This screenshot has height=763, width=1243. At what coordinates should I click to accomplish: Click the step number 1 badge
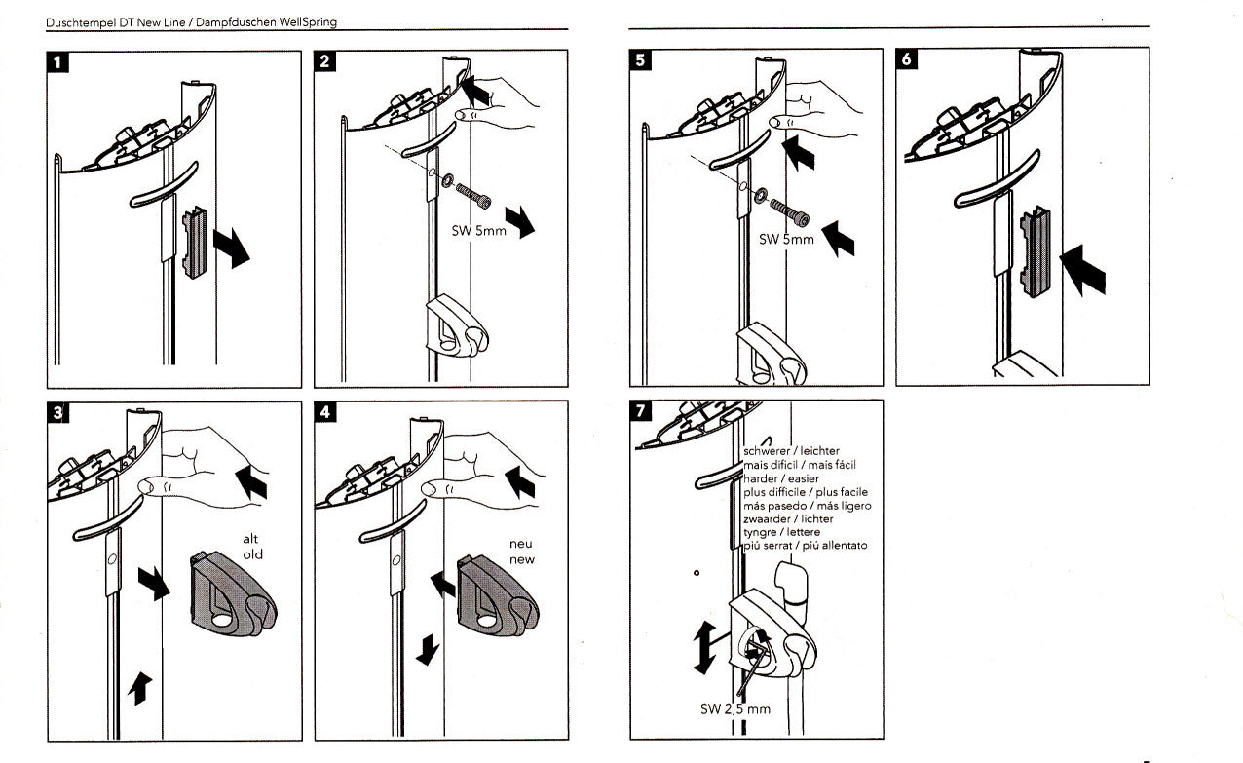pyautogui.click(x=60, y=64)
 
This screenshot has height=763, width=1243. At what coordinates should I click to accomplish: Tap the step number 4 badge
pyautogui.click(x=326, y=412)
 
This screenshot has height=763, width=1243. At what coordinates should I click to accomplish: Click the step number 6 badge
pyautogui.click(x=907, y=60)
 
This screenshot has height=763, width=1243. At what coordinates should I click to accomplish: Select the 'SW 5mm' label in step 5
pyautogui.click(x=786, y=239)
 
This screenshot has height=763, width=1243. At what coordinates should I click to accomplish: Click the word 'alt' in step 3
pyautogui.click(x=251, y=539)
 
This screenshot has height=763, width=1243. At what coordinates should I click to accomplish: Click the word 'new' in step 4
pyautogui.click(x=522, y=560)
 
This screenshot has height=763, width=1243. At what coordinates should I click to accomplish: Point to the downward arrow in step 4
pyautogui.click(x=426, y=650)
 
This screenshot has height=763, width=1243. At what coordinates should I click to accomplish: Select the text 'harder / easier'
pyautogui.click(x=781, y=479)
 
